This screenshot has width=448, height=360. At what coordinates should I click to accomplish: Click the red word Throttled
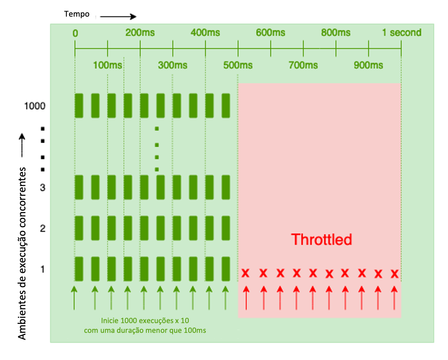coord(321,239)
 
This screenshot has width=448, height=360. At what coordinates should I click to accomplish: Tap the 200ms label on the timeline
coord(140,32)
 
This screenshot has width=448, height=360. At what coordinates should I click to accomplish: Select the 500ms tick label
coord(238,65)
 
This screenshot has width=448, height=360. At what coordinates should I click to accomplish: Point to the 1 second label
coord(401,32)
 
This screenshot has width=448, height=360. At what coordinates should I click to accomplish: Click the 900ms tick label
coord(368,65)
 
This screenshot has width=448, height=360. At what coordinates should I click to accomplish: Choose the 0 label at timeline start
coord(75,33)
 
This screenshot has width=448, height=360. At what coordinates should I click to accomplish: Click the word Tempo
coord(77,14)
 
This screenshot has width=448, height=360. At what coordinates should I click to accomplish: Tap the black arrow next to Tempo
coord(118,17)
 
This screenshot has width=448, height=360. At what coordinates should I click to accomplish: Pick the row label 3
coord(43,188)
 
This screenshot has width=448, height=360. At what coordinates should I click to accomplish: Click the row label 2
coord(43,229)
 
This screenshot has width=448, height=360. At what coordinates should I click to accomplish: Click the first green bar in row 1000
coord(79,106)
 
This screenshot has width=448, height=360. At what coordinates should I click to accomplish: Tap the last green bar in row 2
coord(226,228)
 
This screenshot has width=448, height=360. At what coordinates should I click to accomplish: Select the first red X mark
coord(245,273)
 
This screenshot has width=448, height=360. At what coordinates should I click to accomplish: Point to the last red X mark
coord(395,274)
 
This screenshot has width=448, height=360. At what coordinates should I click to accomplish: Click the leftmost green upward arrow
coord(74,298)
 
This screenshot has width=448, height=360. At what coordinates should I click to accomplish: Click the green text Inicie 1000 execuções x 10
coord(145,321)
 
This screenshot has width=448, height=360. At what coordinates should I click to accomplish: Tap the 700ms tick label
coord(303,65)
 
